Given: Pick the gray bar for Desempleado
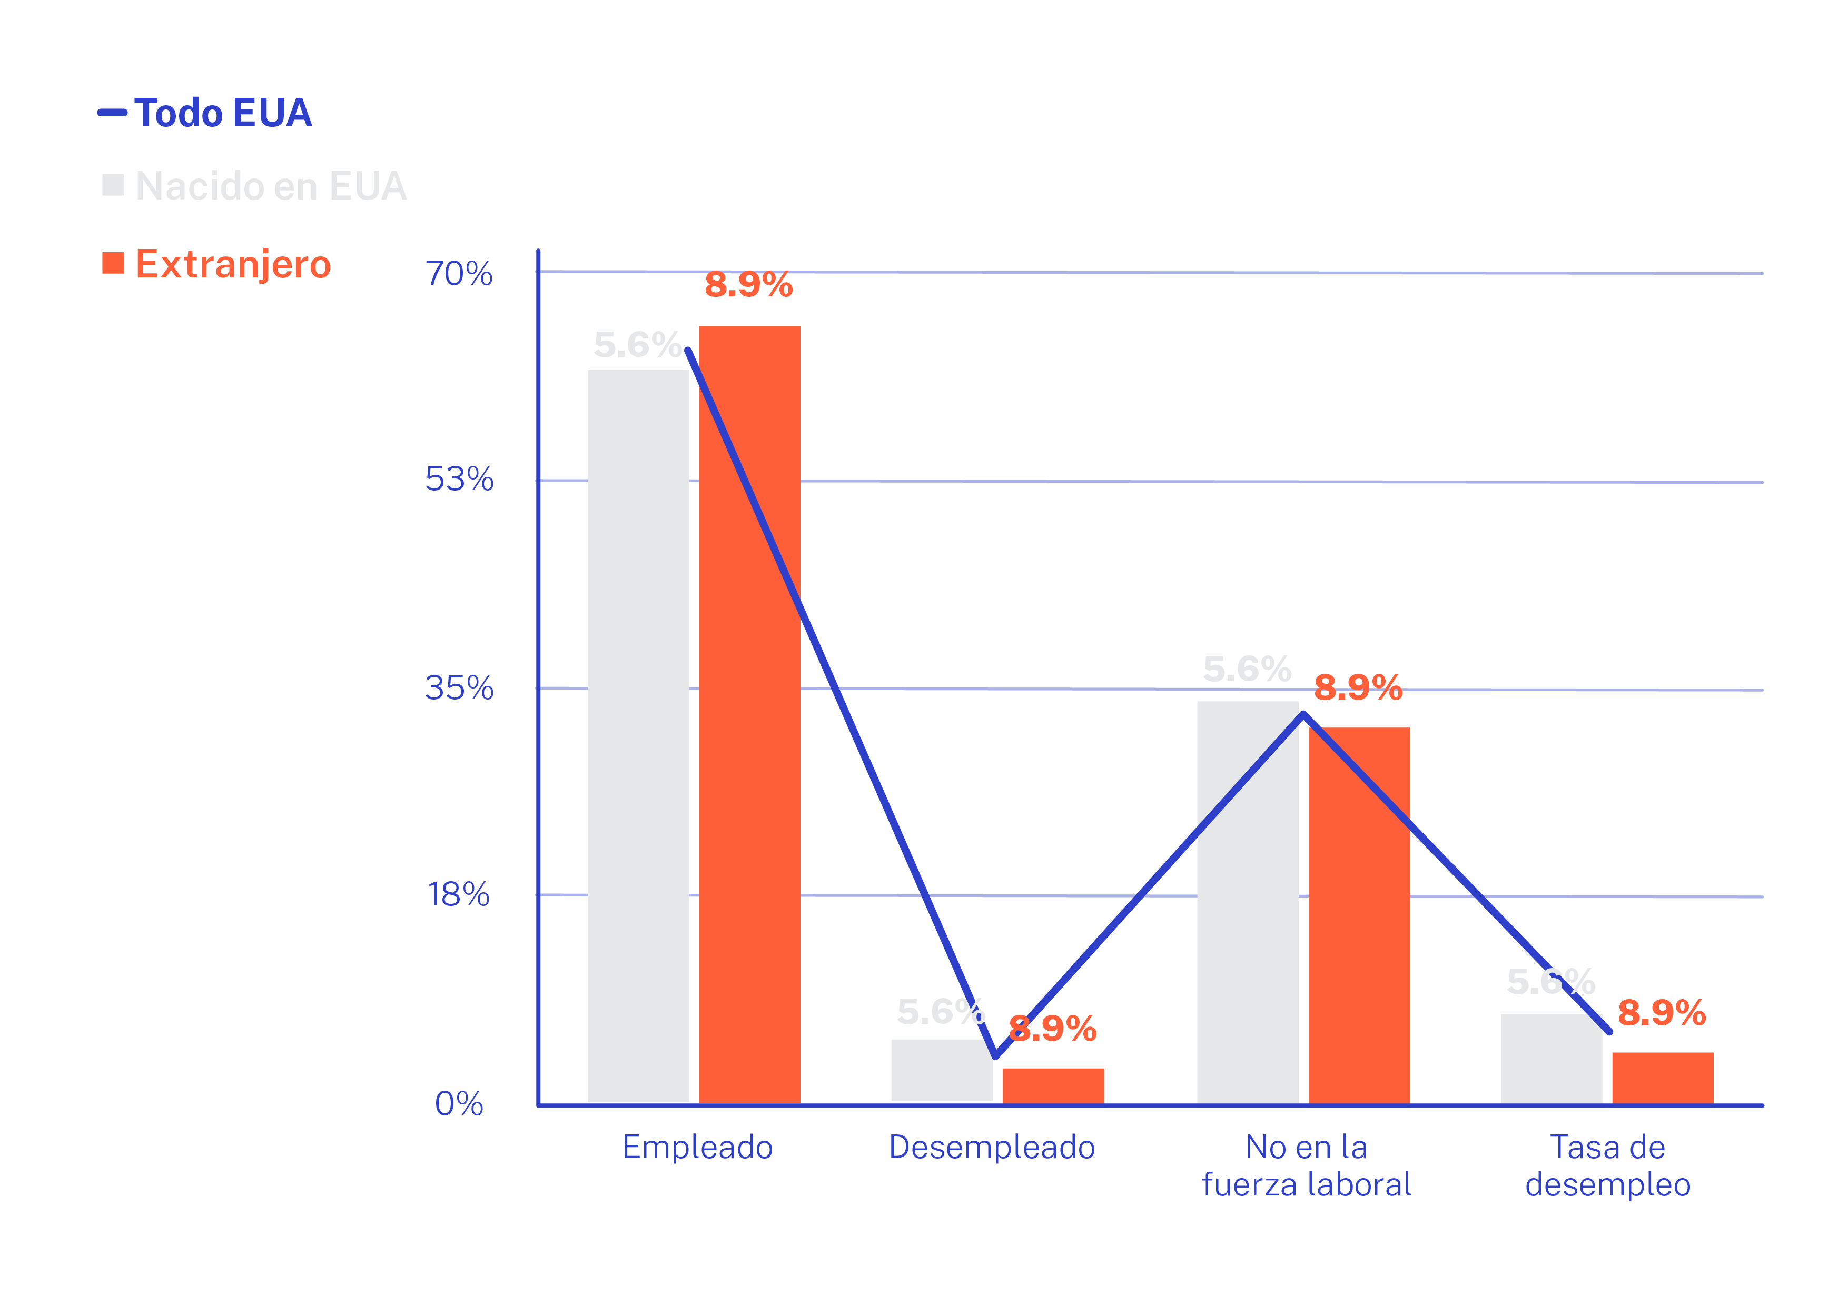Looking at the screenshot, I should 941,1070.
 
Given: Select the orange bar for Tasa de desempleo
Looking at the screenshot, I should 1662,1078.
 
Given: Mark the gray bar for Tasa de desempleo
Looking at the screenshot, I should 1550,1059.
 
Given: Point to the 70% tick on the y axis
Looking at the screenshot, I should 459,274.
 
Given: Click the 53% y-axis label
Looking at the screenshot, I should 459,481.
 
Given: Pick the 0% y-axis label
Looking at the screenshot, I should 459,1104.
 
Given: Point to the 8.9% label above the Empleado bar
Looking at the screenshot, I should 748,285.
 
